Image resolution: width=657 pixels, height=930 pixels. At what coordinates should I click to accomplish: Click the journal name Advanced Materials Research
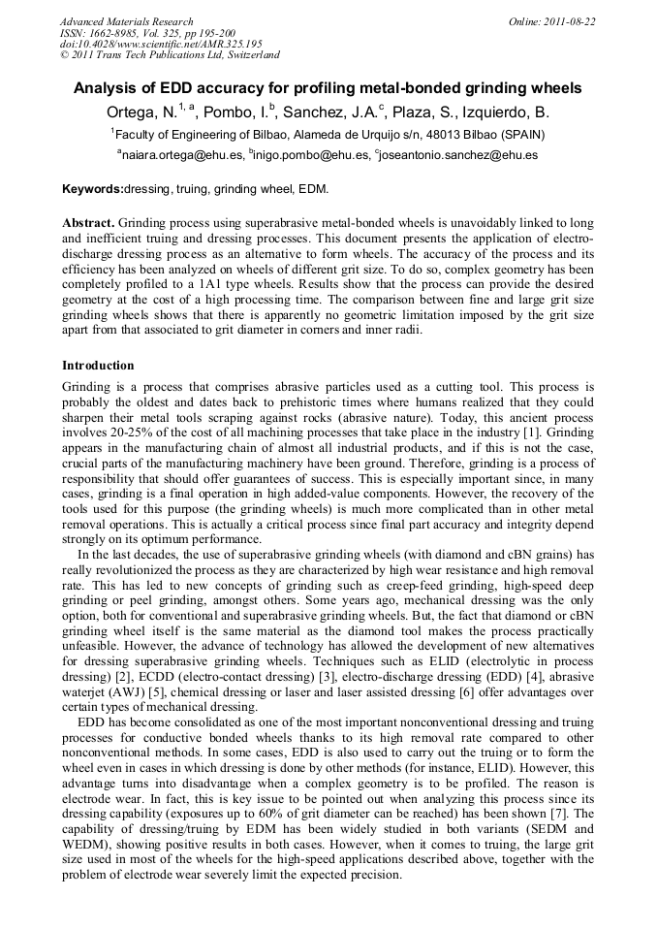coord(126,21)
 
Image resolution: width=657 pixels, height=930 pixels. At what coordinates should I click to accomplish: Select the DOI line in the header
coord(161,44)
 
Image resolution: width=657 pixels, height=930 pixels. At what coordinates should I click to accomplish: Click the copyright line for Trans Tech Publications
coord(170,55)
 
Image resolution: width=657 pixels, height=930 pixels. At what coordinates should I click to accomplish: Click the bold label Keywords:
coord(93,188)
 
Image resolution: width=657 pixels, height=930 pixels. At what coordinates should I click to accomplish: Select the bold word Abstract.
coord(88,222)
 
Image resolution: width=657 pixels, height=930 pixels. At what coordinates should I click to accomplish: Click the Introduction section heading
coord(98,366)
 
